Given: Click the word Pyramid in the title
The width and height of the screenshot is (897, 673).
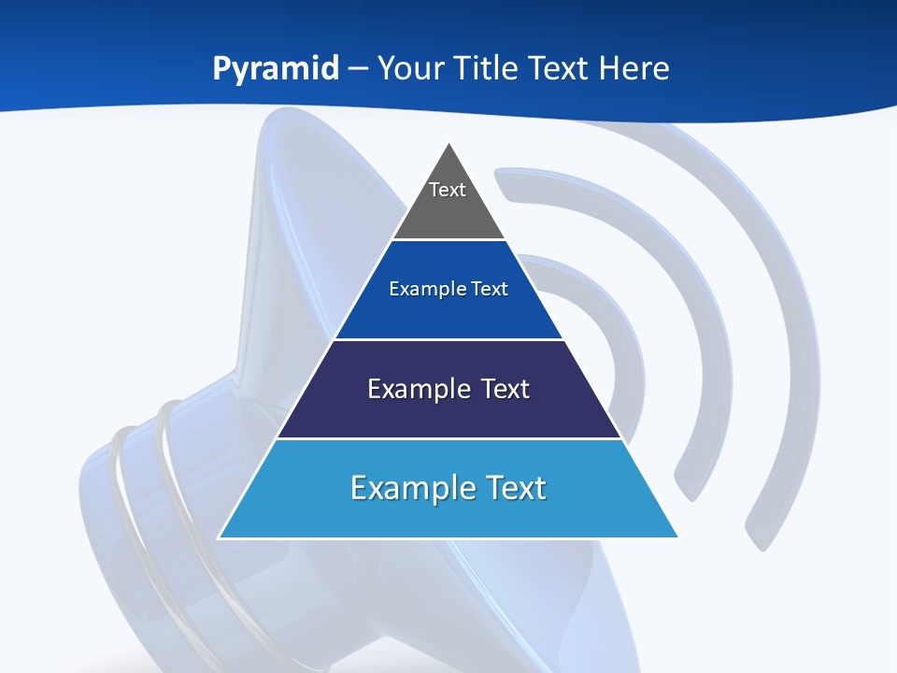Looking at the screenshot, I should tap(276, 69).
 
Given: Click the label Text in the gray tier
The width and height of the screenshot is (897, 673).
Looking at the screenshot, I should tap(448, 190).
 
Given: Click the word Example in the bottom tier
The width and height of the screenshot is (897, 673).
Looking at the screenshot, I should tap(407, 488).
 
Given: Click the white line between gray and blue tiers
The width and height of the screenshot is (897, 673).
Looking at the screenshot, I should tap(448, 240).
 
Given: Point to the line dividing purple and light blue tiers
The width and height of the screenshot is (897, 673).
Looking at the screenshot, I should tap(448, 438).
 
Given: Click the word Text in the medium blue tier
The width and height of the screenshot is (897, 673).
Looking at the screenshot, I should tap(491, 290).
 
